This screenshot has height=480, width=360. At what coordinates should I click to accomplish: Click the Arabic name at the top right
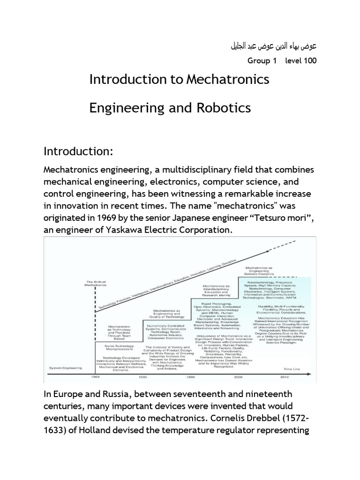274,46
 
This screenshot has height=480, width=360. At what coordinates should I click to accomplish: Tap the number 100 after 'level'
309,61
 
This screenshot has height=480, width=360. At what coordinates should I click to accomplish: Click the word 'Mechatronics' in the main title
228,79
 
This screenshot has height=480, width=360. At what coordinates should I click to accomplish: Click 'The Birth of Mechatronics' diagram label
96,283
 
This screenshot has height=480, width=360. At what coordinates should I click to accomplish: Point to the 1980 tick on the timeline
142,377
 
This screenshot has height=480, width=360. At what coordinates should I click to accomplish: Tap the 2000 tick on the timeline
239,377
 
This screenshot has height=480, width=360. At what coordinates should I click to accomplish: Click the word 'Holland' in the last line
97,429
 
